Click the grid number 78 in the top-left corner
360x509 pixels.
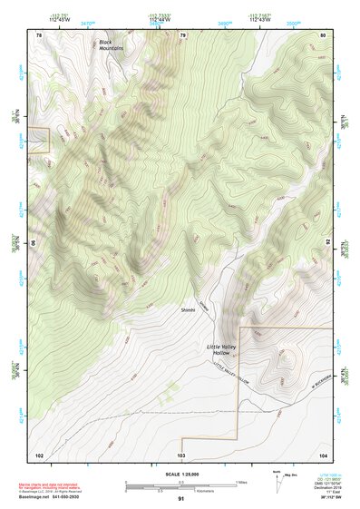(x=39, y=35)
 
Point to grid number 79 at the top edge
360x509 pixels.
(x=182, y=35)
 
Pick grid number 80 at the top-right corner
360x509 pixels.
(x=323, y=35)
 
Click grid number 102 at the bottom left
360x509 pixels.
(x=39, y=454)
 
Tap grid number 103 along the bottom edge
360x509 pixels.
(x=181, y=454)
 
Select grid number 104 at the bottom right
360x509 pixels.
(x=322, y=454)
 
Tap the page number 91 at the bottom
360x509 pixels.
(x=181, y=499)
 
